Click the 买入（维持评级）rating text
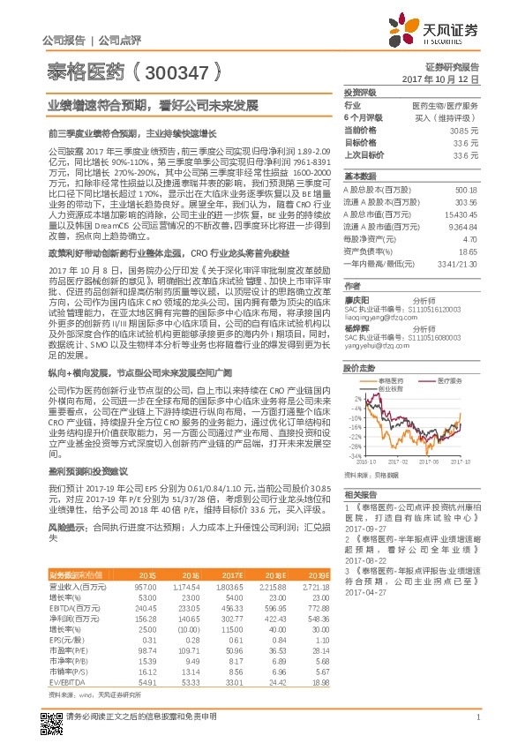pos(446,116)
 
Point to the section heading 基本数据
pos(360,176)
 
